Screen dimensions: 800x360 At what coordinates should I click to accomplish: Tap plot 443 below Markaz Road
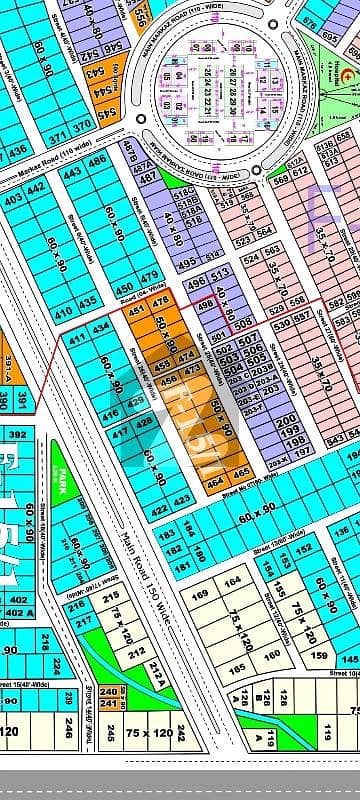(72, 172)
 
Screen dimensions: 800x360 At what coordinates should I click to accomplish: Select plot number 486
(97, 161)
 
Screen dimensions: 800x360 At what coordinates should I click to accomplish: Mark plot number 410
(62, 313)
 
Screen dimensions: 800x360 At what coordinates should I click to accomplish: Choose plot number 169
(199, 596)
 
